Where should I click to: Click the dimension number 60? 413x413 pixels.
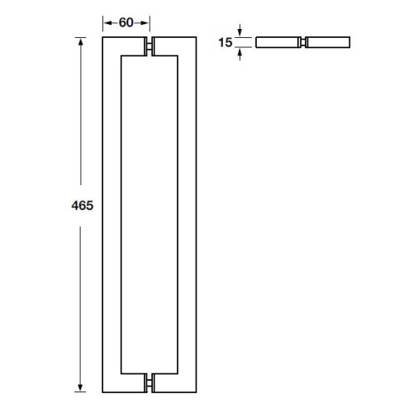tap(126, 22)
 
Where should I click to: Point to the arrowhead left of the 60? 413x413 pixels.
tap(107, 22)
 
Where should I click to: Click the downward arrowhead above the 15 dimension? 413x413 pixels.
tap(240, 33)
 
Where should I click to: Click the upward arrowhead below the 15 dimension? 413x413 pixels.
tap(240, 50)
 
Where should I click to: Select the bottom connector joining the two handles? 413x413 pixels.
tap(150, 382)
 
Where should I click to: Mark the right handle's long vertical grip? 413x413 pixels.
tap(187, 215)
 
